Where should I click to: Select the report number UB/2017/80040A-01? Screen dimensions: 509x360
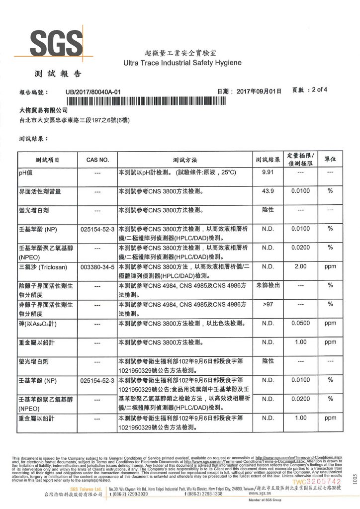point(93,92)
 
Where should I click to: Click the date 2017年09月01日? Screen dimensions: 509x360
point(259,92)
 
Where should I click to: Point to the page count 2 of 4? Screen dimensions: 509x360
point(317,90)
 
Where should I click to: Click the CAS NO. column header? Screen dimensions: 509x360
point(97,160)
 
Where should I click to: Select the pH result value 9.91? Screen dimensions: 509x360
point(268,172)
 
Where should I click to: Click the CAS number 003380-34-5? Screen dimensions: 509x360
point(97,267)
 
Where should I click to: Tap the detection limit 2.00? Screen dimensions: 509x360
point(301,267)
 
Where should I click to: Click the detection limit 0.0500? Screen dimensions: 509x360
point(301,323)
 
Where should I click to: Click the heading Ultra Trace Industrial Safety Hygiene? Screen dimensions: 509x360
point(182,63)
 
